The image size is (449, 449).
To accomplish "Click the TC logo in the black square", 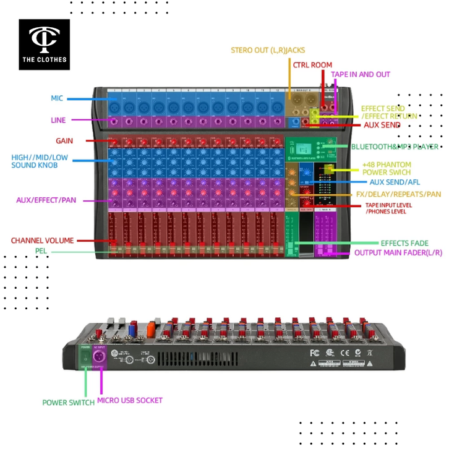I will (44, 39).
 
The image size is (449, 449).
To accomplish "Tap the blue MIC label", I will (57, 98).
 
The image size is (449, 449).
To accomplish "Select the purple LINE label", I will (58, 120).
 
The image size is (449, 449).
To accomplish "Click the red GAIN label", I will (64, 141).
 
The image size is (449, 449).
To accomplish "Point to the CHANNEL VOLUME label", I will (42, 240).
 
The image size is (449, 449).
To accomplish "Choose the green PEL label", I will (41, 251).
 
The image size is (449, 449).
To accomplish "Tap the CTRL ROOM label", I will (313, 65).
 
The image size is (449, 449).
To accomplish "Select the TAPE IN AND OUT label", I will (361, 74).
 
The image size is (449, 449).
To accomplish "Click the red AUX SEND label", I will (382, 125).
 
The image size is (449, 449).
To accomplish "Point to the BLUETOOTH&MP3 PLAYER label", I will (395, 147).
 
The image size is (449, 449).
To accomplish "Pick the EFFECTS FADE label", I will (404, 243).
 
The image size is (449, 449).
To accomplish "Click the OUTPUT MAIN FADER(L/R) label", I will (398, 253).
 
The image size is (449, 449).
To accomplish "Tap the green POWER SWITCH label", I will (68, 402).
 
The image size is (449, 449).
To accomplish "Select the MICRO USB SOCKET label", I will (130, 400).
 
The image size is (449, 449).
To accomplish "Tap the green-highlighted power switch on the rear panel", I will (85, 357).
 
